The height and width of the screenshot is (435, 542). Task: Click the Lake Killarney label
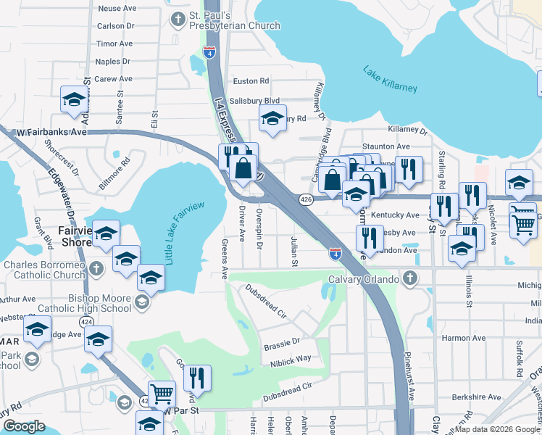[390, 78]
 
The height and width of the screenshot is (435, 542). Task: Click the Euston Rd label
[250, 81]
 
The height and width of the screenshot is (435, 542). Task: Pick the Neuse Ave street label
[117, 8]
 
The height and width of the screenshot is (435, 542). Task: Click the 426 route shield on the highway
[306, 199]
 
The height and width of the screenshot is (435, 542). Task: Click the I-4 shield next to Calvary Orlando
[335, 254]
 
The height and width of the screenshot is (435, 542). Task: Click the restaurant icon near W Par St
[196, 378]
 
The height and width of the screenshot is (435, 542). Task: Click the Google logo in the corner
[23, 426]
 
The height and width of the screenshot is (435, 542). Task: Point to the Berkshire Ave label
[475, 397]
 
